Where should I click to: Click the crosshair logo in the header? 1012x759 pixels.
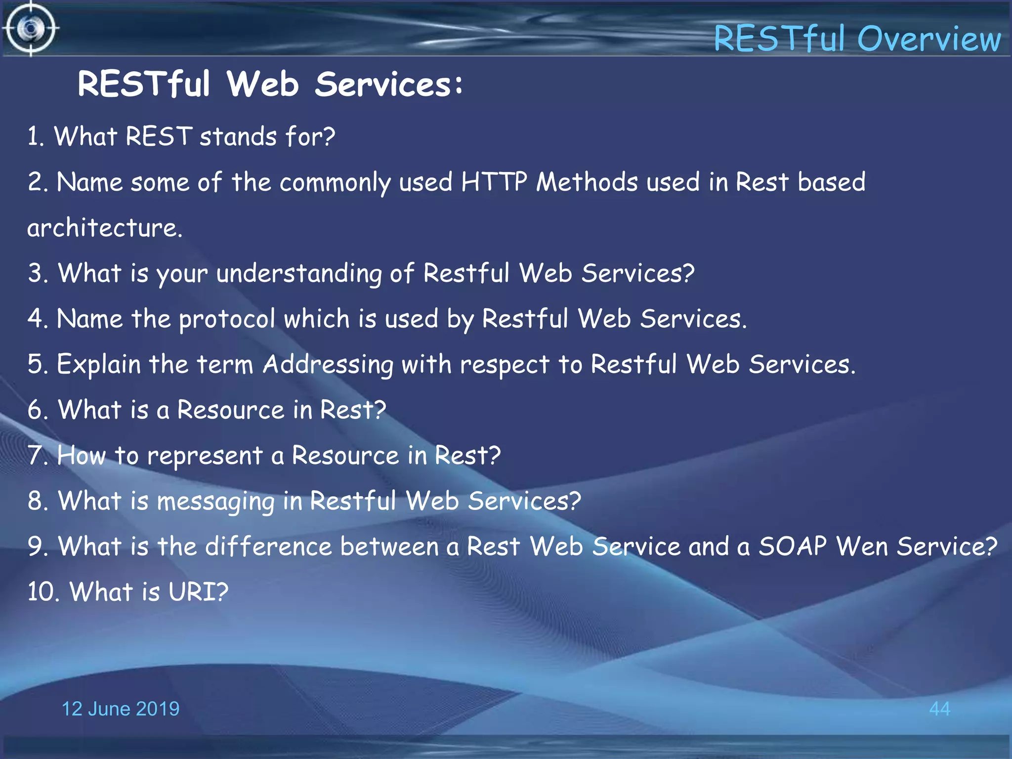31,29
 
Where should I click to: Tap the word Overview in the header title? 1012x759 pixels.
929,39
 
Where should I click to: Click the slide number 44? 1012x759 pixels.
939,709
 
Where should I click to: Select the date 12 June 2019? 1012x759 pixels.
120,709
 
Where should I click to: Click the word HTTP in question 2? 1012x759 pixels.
494,182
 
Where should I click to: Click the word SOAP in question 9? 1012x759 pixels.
792,547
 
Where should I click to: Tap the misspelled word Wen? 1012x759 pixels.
862,547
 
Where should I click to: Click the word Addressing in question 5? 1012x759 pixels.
328,365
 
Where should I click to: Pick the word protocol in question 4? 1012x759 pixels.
227,319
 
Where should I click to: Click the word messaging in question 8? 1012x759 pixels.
215,502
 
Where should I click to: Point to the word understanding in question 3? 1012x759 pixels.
298,274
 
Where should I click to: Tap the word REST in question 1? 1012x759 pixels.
159,136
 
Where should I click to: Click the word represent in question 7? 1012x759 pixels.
205,456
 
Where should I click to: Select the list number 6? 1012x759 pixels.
37,410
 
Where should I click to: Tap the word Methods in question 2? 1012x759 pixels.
587,182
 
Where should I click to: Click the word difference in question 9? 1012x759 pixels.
268,547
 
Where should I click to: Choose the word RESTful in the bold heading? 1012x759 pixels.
144,84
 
